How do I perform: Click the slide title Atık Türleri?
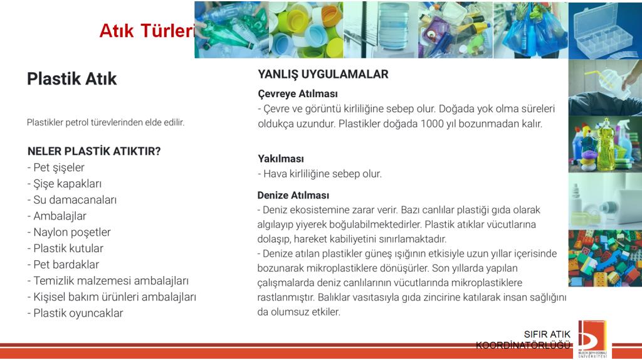point(147,31)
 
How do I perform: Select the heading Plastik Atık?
point(71,78)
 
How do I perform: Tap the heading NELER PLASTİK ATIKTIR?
point(94,151)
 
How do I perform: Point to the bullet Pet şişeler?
point(56,167)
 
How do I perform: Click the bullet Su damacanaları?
point(72,200)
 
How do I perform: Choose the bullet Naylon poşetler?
point(69,232)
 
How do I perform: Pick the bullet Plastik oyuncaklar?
point(75,314)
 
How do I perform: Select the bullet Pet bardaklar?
point(63,265)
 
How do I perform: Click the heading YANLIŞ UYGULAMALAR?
point(323,74)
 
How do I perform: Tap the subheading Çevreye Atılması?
point(298,94)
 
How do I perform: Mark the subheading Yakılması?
point(281,159)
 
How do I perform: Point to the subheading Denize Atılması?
point(293,195)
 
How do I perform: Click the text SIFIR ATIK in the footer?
point(547,334)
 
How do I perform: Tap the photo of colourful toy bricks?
point(605,258)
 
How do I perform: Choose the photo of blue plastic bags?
point(530,30)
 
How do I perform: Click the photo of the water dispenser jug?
point(381,30)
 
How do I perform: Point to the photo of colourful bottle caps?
point(306,30)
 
